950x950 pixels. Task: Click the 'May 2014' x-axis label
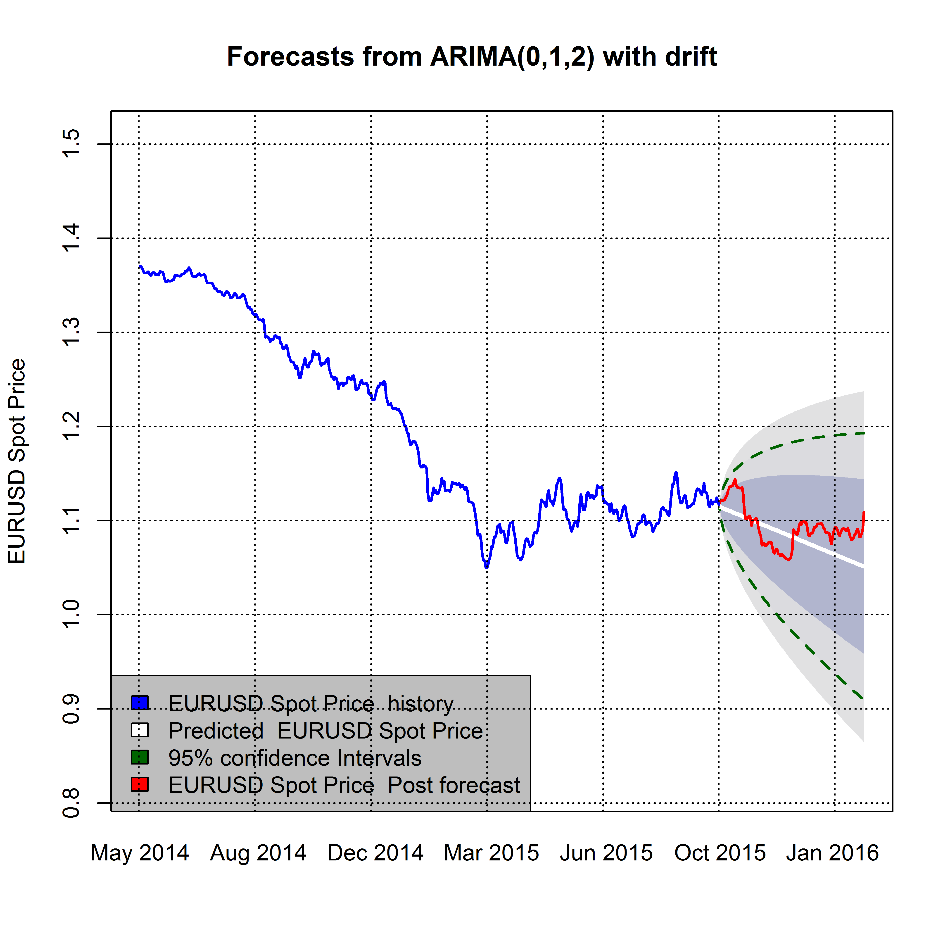point(140,853)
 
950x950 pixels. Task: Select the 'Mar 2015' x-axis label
point(491,853)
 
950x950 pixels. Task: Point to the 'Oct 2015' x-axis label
point(720,853)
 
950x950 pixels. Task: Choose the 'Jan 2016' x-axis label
point(832,853)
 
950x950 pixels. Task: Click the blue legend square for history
point(140,703)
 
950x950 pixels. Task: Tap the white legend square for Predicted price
point(140,730)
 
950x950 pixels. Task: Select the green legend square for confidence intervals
point(140,757)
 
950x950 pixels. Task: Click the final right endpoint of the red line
point(864,512)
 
